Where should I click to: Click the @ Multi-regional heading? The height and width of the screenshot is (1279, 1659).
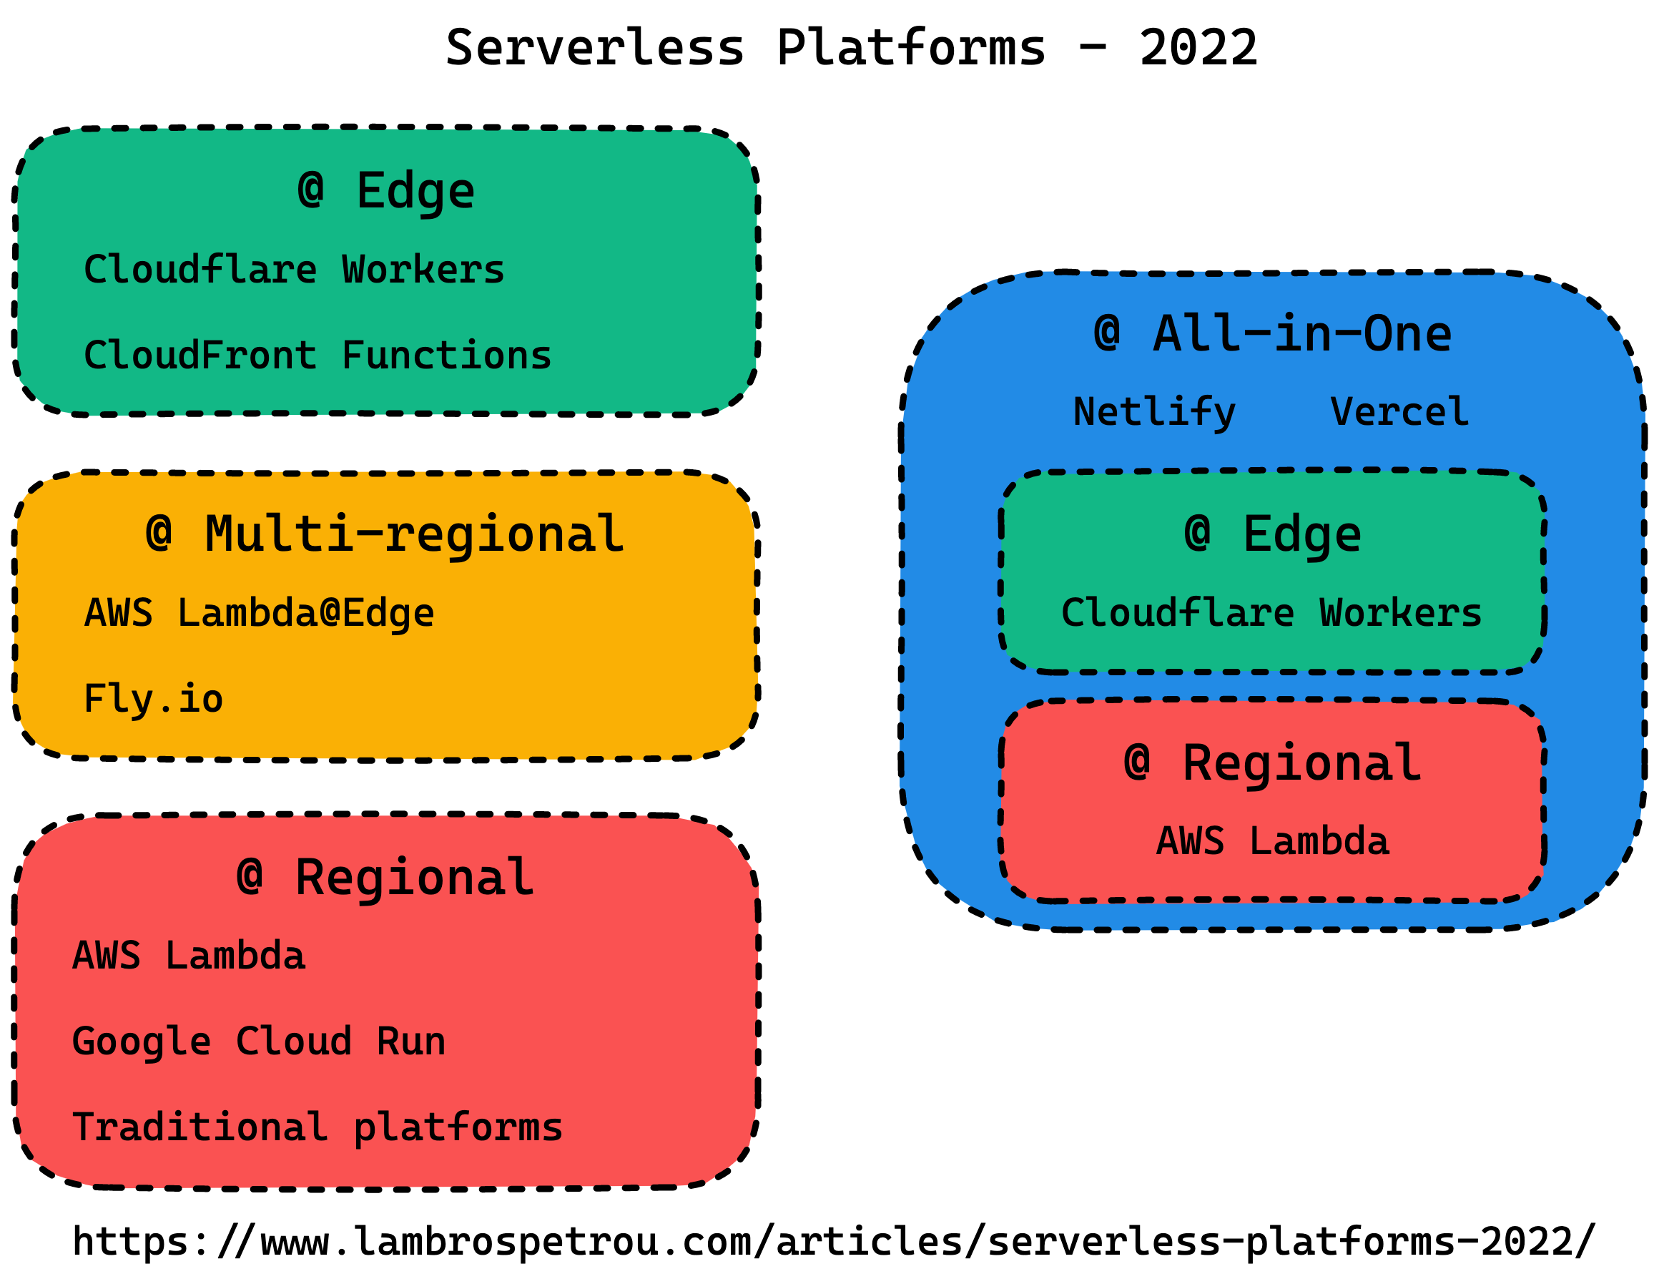385,535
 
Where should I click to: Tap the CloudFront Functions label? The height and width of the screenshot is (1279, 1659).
317,356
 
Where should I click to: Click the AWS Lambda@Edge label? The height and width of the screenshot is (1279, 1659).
259,613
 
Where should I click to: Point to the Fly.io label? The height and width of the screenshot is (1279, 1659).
154,699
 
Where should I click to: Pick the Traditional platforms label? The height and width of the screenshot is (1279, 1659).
317,1128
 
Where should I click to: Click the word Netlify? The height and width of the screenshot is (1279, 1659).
1154,413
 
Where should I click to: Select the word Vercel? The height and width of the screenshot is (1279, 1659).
1399,413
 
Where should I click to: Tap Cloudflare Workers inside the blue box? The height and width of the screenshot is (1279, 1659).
1271,613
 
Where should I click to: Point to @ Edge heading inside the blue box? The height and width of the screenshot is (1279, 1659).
1272,535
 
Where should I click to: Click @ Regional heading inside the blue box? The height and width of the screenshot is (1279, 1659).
1272,764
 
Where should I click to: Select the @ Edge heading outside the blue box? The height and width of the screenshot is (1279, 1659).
386,192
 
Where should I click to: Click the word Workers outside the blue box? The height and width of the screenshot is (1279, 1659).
423,270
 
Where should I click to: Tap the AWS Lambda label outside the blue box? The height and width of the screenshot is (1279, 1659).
188,956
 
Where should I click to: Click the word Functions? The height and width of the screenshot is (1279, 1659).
446,356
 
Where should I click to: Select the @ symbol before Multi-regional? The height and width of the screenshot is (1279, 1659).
159,534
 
